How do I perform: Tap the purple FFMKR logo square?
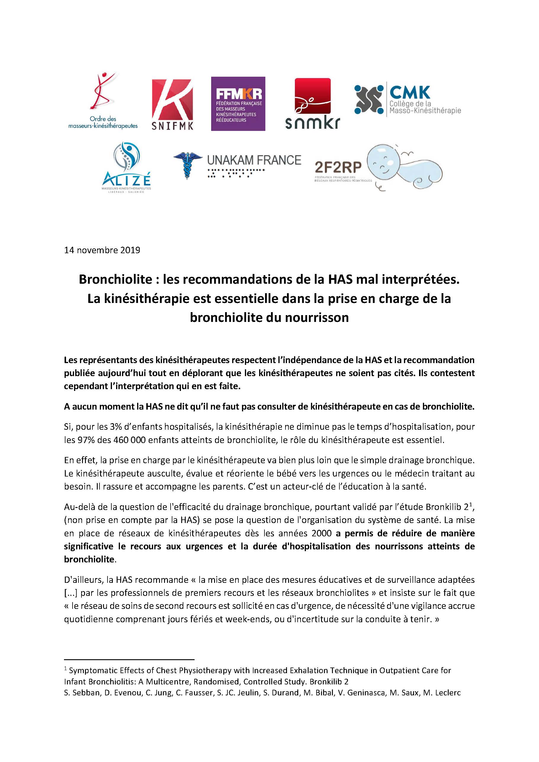pyautogui.click(x=238, y=104)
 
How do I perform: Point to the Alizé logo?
pyautogui.click(x=126, y=168)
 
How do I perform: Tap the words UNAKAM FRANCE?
pyautogui.click(x=254, y=160)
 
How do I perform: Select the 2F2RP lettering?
pyautogui.click(x=338, y=168)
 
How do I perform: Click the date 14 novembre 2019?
pyautogui.click(x=102, y=250)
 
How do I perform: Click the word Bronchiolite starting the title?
pyautogui.click(x=115, y=280)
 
